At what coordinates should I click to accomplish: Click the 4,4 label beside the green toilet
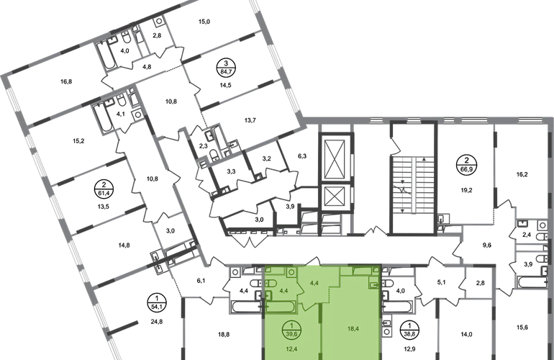pyautogui.click(x=283, y=290)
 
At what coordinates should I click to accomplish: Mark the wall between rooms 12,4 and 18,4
pyautogui.click(x=322, y=331)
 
